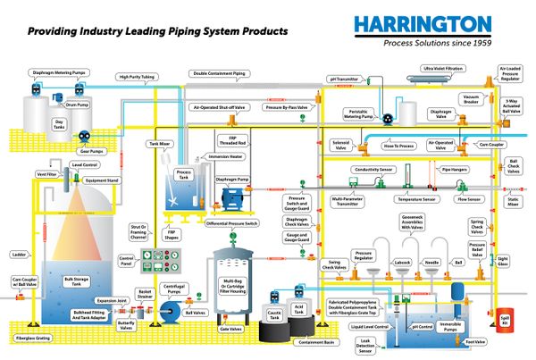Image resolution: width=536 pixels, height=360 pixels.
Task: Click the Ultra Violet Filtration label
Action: [x=443, y=69]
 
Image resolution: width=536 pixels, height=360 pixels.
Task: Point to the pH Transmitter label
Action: [x=344, y=80]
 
